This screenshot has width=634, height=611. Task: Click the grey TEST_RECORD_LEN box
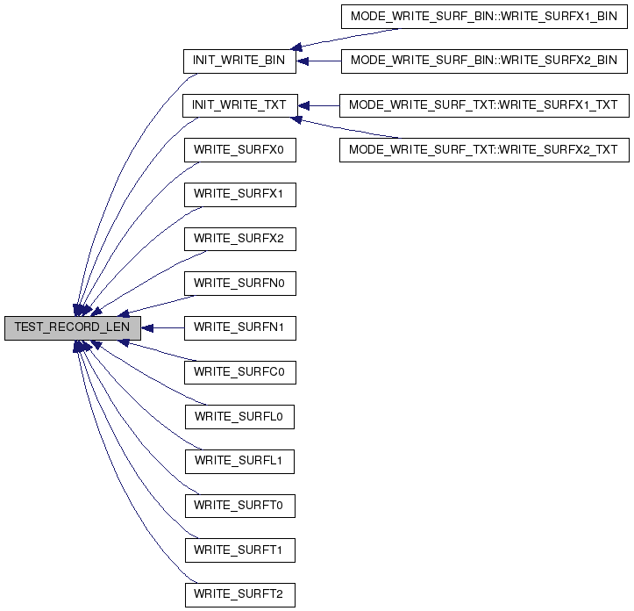coord(73,328)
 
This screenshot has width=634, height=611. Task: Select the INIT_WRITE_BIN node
coord(239,61)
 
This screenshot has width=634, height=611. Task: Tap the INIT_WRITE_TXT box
coord(239,105)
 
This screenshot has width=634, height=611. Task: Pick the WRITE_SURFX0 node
coord(240,150)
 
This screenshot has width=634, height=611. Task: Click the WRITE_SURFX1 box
coord(240,195)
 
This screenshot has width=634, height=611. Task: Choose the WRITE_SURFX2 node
coord(240,239)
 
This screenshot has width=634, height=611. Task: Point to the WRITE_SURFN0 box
coord(240,284)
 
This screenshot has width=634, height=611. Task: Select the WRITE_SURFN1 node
coord(240,328)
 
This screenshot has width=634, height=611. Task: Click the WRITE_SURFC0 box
coord(240,372)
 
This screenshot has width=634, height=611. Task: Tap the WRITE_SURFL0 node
coord(239,417)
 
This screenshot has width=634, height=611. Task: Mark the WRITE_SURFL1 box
coord(239,461)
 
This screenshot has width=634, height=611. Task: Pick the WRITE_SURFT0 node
coord(240,506)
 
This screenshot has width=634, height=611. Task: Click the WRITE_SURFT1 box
coord(240,550)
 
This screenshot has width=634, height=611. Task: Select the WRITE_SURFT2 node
coord(240,595)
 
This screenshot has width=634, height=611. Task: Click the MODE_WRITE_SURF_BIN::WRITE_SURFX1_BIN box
coord(484,17)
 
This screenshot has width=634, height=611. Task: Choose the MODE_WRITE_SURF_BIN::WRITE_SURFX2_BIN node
coord(484,61)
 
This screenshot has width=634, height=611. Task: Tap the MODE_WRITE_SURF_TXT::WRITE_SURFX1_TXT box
coord(484,105)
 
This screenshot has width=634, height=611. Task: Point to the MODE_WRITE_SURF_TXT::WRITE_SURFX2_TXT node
coord(484,150)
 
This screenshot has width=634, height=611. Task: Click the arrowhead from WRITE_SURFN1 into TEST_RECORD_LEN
coord(147,328)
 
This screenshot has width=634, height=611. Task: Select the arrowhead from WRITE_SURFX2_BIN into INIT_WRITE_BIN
coord(303,61)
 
